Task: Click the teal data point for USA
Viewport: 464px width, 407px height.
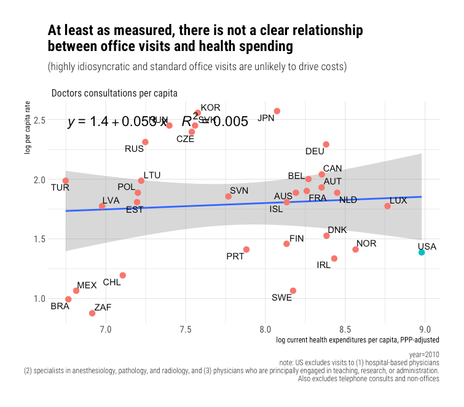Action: pyautogui.click(x=422, y=252)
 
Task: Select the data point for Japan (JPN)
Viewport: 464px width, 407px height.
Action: pyautogui.click(x=277, y=111)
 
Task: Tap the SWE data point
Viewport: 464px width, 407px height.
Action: pyautogui.click(x=293, y=291)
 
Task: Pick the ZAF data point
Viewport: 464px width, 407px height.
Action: pyautogui.click(x=92, y=314)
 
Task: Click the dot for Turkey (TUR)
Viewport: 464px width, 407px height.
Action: pyautogui.click(x=66, y=181)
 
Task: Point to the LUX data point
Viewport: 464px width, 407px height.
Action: pyautogui.click(x=387, y=206)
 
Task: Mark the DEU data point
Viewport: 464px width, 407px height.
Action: pyautogui.click(x=326, y=144)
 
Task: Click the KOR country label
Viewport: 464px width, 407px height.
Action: pyautogui.click(x=210, y=108)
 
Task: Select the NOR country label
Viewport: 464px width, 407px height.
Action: pyautogui.click(x=366, y=243)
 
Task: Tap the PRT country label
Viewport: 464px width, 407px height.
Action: pyautogui.click(x=235, y=256)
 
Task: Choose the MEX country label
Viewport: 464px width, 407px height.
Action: pyautogui.click(x=87, y=285)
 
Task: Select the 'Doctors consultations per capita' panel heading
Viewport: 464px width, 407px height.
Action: pyautogui.click(x=114, y=93)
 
